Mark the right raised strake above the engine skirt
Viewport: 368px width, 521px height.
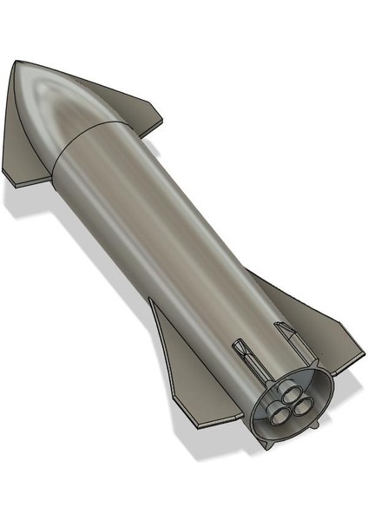(286, 333)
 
